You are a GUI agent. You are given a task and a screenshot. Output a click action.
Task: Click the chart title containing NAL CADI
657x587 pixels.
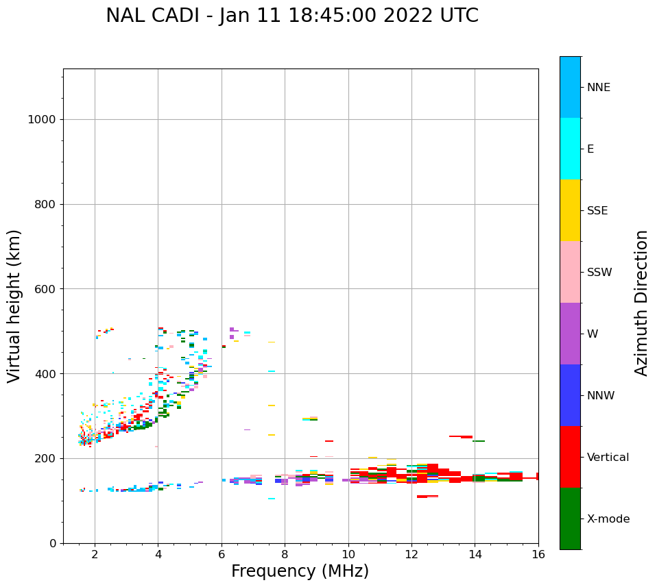click(292, 16)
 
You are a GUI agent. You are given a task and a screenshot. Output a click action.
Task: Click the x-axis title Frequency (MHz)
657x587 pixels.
click(300, 571)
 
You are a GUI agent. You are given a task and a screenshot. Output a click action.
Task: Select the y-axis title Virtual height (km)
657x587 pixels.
click(14, 306)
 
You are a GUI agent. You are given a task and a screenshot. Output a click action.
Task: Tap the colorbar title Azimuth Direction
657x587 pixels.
click(641, 303)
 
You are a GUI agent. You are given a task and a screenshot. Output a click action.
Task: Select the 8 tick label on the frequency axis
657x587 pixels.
click(285, 554)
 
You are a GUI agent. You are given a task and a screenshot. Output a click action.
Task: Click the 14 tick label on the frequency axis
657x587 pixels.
click(475, 554)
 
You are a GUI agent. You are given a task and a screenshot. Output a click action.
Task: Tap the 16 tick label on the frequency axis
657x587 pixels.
click(538, 554)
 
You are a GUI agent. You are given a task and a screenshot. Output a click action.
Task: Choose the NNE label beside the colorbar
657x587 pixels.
click(598, 88)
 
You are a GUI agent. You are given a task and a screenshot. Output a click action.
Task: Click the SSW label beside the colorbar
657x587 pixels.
click(599, 273)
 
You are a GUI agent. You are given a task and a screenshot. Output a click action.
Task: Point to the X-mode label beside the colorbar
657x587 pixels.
click(608, 519)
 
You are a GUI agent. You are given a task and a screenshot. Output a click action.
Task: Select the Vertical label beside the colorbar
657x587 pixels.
click(608, 458)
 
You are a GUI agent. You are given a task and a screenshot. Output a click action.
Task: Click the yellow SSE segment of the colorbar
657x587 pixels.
click(570, 210)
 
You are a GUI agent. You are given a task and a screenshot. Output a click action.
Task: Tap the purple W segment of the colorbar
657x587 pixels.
click(570, 334)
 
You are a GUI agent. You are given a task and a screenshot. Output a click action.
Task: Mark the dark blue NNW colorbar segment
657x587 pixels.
click(570, 395)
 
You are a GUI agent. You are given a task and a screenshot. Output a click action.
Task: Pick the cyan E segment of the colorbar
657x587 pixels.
click(570, 149)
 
